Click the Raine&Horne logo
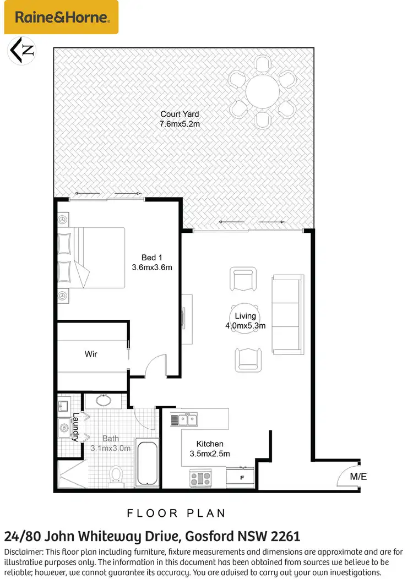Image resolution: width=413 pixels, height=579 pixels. click(x=61, y=17)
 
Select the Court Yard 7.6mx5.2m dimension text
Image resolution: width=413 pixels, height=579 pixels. click(x=180, y=124)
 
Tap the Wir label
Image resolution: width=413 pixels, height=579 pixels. click(x=91, y=354)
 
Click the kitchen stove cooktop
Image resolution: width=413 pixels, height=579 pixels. click(x=200, y=477)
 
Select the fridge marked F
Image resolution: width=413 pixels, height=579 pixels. click(x=241, y=477)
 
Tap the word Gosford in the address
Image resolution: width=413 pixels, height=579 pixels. click(x=208, y=536)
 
